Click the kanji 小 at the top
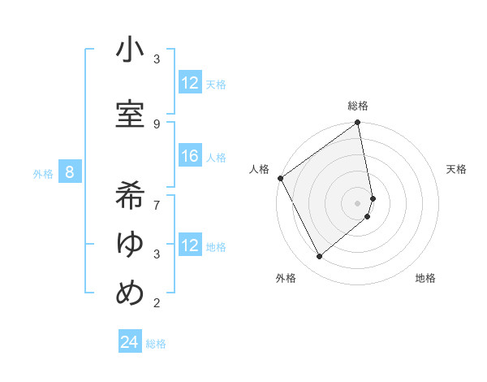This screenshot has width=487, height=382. coord(130,51)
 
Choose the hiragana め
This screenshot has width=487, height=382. coord(130,293)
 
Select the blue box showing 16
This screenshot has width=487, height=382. coord(190,157)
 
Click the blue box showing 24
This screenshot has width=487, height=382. coord(130,342)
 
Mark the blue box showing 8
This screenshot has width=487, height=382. coord(70,172)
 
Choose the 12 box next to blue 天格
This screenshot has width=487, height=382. coord(190,83)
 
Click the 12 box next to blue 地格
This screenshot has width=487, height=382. coord(190,245)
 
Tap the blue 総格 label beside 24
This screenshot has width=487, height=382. coord(156,344)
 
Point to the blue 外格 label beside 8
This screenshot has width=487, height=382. coord(43,173)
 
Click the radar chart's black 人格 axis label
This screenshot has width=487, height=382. coord(260,169)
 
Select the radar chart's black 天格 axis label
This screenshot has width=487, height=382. coord(457,169)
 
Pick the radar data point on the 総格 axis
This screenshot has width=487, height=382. coord(358,123)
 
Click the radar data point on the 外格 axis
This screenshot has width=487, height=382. coord(319,257)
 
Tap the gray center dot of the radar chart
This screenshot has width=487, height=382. coord(358,202)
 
